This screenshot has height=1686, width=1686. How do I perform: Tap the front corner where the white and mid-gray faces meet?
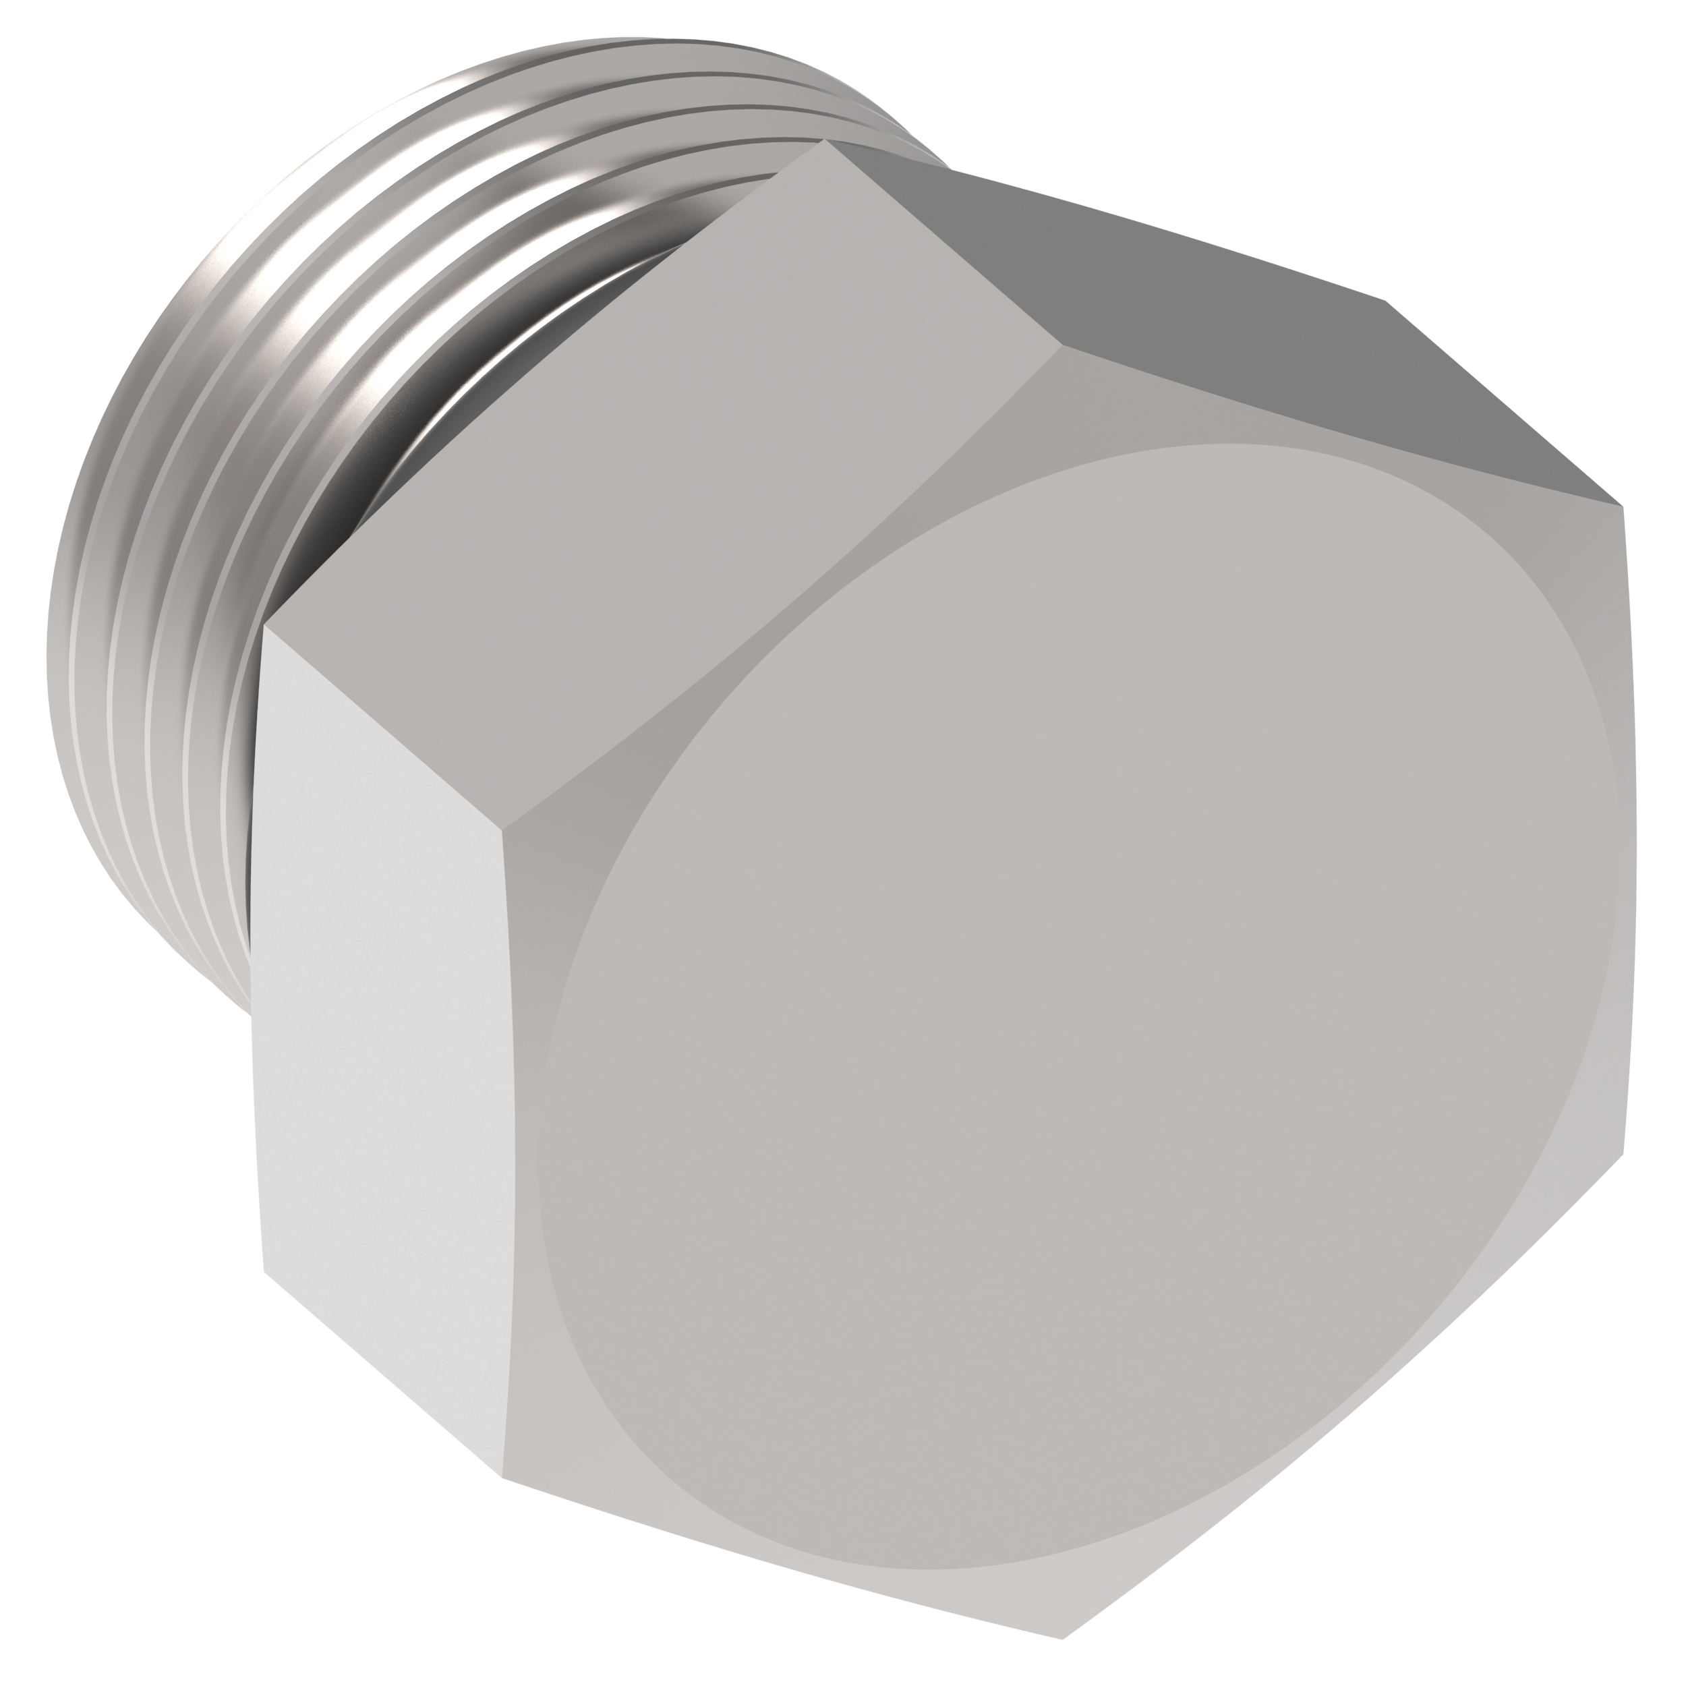[x=502, y=829]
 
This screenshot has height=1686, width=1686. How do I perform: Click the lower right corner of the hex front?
[x=1623, y=1157]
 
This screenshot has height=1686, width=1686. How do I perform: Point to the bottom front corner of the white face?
[x=502, y=1478]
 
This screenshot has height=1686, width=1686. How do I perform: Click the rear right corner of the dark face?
[x=1386, y=301]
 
